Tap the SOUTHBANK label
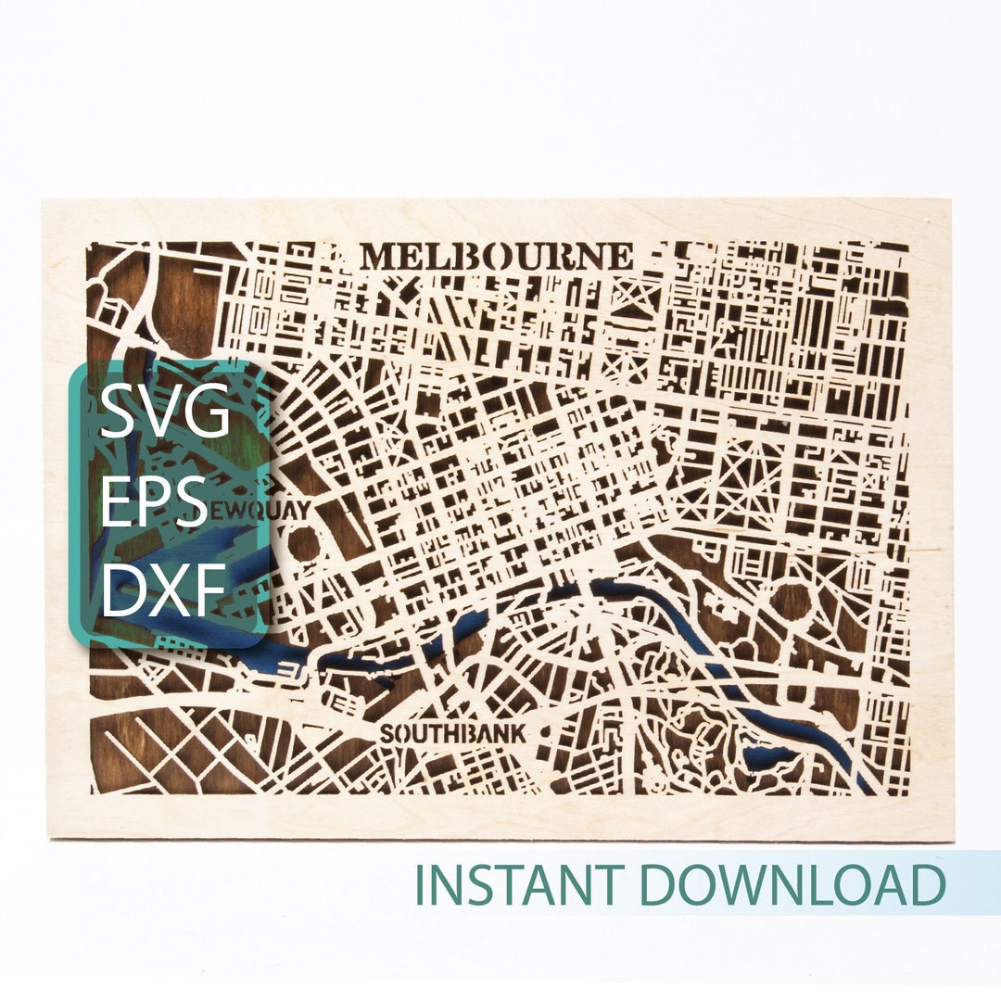[453, 733]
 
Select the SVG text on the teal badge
[164, 414]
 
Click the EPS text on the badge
[153, 503]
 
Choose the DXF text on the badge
[163, 590]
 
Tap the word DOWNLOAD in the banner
[792, 884]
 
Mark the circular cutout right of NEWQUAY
[304, 543]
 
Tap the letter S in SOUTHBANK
[387, 734]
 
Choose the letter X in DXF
[168, 590]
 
